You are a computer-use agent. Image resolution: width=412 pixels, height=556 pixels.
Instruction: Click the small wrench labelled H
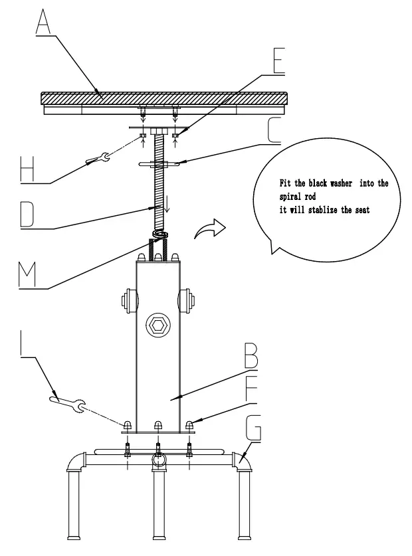click(x=97, y=157)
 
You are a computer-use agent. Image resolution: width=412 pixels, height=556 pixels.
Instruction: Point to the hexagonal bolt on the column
click(x=157, y=325)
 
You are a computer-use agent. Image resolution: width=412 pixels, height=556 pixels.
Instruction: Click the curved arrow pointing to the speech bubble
click(x=209, y=230)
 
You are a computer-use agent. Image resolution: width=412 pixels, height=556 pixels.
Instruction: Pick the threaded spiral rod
click(x=158, y=186)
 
